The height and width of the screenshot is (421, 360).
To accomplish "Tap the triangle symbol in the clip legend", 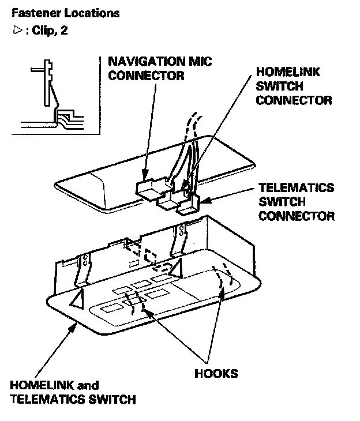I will [16, 30].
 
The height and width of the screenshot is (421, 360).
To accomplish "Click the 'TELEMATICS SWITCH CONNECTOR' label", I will [297, 202].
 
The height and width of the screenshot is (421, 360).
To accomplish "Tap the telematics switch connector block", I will [189, 205].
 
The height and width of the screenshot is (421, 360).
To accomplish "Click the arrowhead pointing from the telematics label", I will [202, 201].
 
